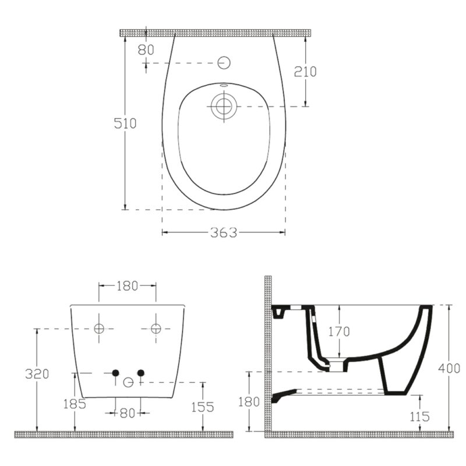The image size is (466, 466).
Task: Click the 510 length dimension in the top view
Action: click(125, 123)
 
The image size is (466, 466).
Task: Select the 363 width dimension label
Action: click(224, 232)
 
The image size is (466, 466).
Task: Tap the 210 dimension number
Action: click(305, 72)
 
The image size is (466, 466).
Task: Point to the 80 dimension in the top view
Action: click(146, 50)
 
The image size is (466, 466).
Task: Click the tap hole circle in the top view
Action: click(224, 63)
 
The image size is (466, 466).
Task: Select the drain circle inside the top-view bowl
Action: click(224, 106)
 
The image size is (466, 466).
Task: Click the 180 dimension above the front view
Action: click(127, 286)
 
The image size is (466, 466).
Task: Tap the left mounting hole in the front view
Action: click(99, 329)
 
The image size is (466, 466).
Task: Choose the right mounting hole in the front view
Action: click(156, 329)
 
